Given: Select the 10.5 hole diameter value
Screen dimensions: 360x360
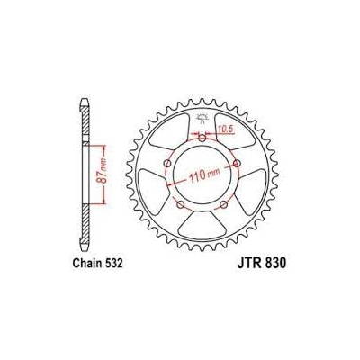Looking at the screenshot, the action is click(226, 129).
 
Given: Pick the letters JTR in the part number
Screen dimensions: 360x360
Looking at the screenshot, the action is click(249, 263).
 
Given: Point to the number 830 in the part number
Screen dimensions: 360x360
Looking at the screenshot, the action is click(275, 263).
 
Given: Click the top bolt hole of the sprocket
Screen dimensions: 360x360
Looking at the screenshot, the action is click(202, 139).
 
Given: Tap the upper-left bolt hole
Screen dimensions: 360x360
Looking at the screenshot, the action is click(167, 164).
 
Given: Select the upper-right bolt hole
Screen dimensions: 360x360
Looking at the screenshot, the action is click(238, 164).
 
